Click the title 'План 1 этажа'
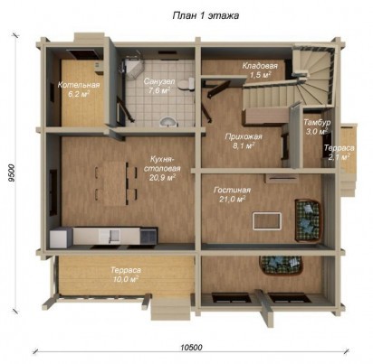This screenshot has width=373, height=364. click(206, 15)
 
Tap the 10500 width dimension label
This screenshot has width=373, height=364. click(191, 348)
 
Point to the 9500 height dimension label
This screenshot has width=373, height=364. click(12, 173)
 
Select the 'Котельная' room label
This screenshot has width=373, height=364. click(79, 85)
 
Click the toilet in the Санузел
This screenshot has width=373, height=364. click(186, 84)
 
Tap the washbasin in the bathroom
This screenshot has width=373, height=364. click(167, 122)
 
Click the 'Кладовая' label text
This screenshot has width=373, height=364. click(260, 66)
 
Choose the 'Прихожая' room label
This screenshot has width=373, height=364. click(244, 137)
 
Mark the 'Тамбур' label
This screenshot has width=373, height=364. click(317, 123)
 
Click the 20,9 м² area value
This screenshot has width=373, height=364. click(162, 178)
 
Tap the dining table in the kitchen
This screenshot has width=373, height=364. click(117, 183)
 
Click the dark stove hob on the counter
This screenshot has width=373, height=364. click(148, 236)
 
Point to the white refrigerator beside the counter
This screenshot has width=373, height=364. click(61, 238)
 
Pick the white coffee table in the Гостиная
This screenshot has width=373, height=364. click(267, 220)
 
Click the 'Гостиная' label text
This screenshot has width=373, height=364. click(232, 191)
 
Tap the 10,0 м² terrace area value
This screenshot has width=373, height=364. click(126, 279)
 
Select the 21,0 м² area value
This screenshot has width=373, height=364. click(232, 199)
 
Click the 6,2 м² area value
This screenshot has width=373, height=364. click(78, 94)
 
